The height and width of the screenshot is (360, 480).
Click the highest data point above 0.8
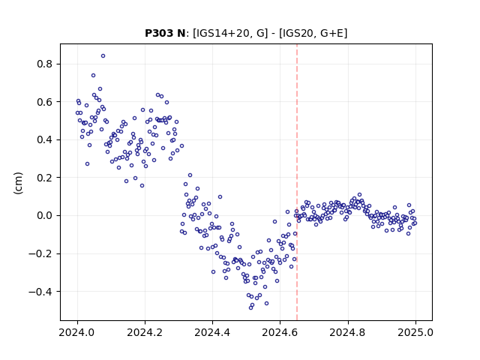tap(103, 55)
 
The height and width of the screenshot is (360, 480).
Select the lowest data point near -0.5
tap(250, 307)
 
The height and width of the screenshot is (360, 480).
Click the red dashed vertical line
tap(297, 182)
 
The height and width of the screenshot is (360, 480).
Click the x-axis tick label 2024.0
tap(77, 332)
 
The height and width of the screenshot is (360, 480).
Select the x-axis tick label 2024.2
tap(145, 332)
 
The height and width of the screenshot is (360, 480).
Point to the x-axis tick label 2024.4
tap(212, 332)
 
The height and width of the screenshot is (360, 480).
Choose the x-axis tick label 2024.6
tap(280, 332)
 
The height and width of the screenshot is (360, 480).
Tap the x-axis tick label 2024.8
tap(348, 332)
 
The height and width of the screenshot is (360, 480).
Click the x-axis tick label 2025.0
tap(415, 332)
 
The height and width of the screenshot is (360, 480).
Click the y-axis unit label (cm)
tap(18, 183)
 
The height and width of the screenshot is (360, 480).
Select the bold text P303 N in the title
tap(165, 33)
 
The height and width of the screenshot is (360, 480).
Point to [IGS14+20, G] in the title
tap(230, 33)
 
